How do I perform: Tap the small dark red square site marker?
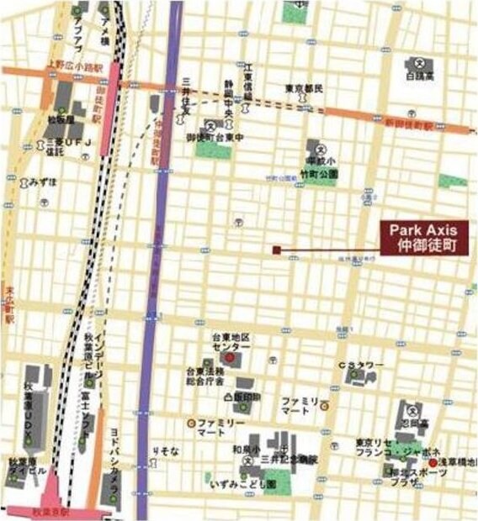tap(276, 250)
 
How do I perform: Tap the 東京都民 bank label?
tap(305, 88)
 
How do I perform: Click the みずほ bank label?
tap(43, 182)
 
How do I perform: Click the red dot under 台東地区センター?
tap(229, 356)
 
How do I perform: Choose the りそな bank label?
tap(166, 452)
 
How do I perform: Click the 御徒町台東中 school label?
tap(215, 138)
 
